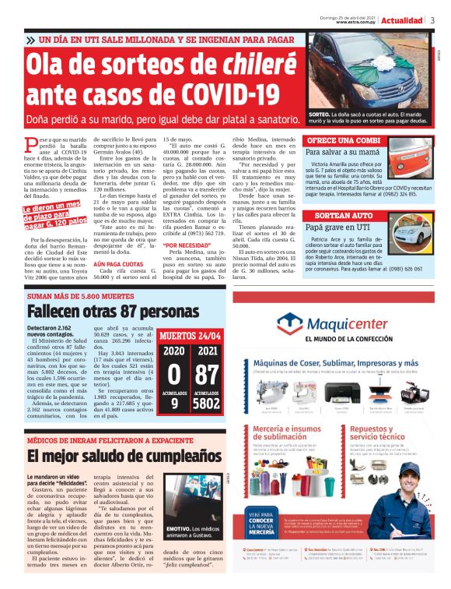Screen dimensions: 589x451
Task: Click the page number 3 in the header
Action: (x=432, y=19)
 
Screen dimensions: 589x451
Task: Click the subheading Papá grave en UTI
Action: (x=337, y=226)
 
